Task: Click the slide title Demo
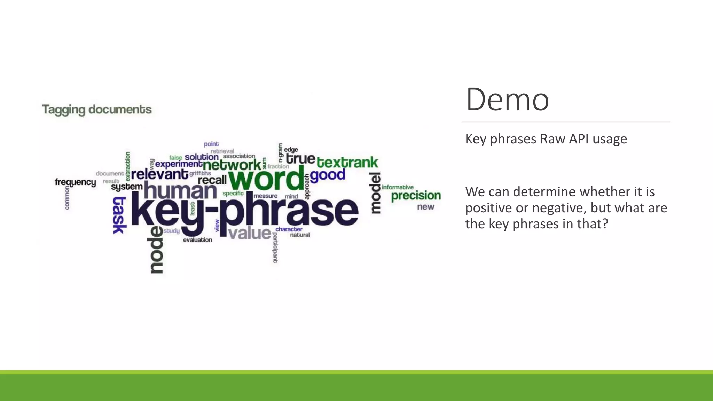pos(507,100)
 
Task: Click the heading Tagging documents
pos(97,110)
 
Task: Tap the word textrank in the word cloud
pos(347,163)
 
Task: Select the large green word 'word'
pos(266,179)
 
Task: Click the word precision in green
pos(416,196)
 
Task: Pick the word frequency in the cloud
pos(75,182)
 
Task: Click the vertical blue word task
pos(119,215)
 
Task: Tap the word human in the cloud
pos(180,191)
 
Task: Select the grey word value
pos(250,233)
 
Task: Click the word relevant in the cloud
pos(159,174)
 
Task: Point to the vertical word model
pos(375,193)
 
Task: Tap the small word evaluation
pos(197,240)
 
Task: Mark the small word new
pos(425,207)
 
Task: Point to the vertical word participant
pos(275,247)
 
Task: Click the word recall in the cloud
pos(212,180)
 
